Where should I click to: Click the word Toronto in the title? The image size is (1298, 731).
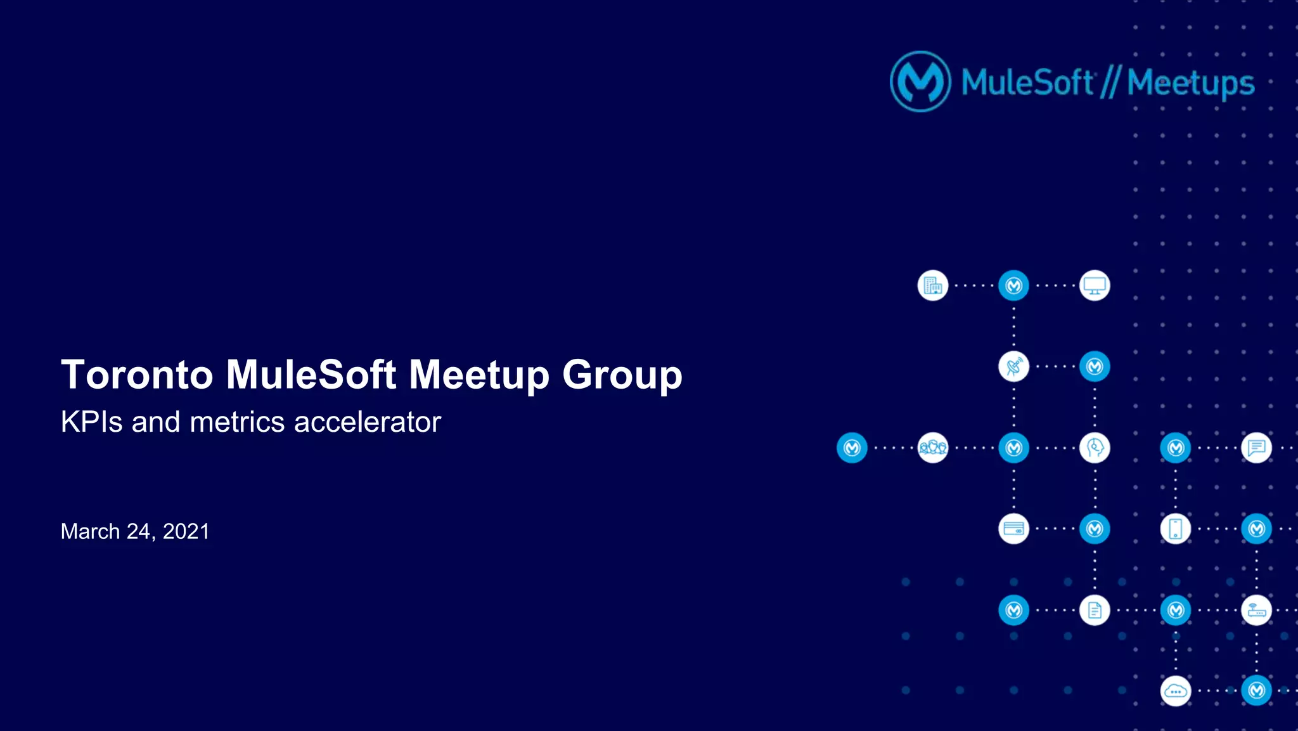point(137,374)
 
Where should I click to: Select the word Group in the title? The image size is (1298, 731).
point(622,374)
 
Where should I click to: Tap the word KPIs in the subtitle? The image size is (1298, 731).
point(91,422)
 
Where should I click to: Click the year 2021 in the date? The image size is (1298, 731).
point(186,531)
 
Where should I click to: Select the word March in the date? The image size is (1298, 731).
point(90,531)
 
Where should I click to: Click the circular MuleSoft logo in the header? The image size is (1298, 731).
point(920,82)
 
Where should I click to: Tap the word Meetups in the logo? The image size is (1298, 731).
point(1190,83)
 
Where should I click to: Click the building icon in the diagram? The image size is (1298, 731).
point(933,286)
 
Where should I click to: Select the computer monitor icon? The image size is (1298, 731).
point(1095,286)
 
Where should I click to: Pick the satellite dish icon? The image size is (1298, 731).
point(1013,367)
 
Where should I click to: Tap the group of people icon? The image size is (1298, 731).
point(933,448)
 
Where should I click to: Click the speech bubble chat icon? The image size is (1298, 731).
point(1256,448)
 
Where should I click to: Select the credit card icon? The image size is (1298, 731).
point(1013,529)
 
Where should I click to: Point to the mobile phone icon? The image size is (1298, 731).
point(1175,529)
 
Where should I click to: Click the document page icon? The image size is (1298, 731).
point(1095,610)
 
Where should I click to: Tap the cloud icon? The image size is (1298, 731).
point(1175,691)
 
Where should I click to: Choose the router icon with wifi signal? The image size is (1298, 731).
point(1256,610)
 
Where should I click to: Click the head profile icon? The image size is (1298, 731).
point(1095,448)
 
